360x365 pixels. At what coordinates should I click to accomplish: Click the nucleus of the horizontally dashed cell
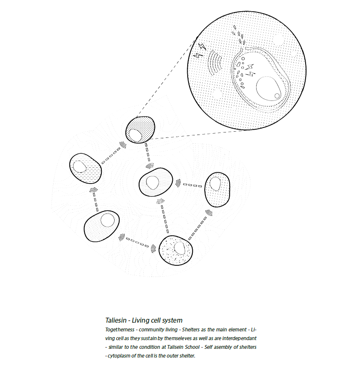pos(79,167)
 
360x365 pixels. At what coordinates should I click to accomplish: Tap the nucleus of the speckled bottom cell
pos(179,248)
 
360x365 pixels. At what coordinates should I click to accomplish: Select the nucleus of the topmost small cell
pos(135,135)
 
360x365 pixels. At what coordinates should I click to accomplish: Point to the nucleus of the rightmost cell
pos(215,184)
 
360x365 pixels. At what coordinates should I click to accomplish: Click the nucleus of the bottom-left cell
pos(108,220)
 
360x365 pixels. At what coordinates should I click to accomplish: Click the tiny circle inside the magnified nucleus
pos(277,96)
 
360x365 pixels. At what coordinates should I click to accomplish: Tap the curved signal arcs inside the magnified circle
pos(216,63)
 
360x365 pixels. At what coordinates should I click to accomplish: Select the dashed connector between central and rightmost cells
pos(192,185)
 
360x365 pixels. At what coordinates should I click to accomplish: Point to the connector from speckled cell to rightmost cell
pos(198,227)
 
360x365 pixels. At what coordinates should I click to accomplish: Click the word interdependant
pos(238,338)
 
